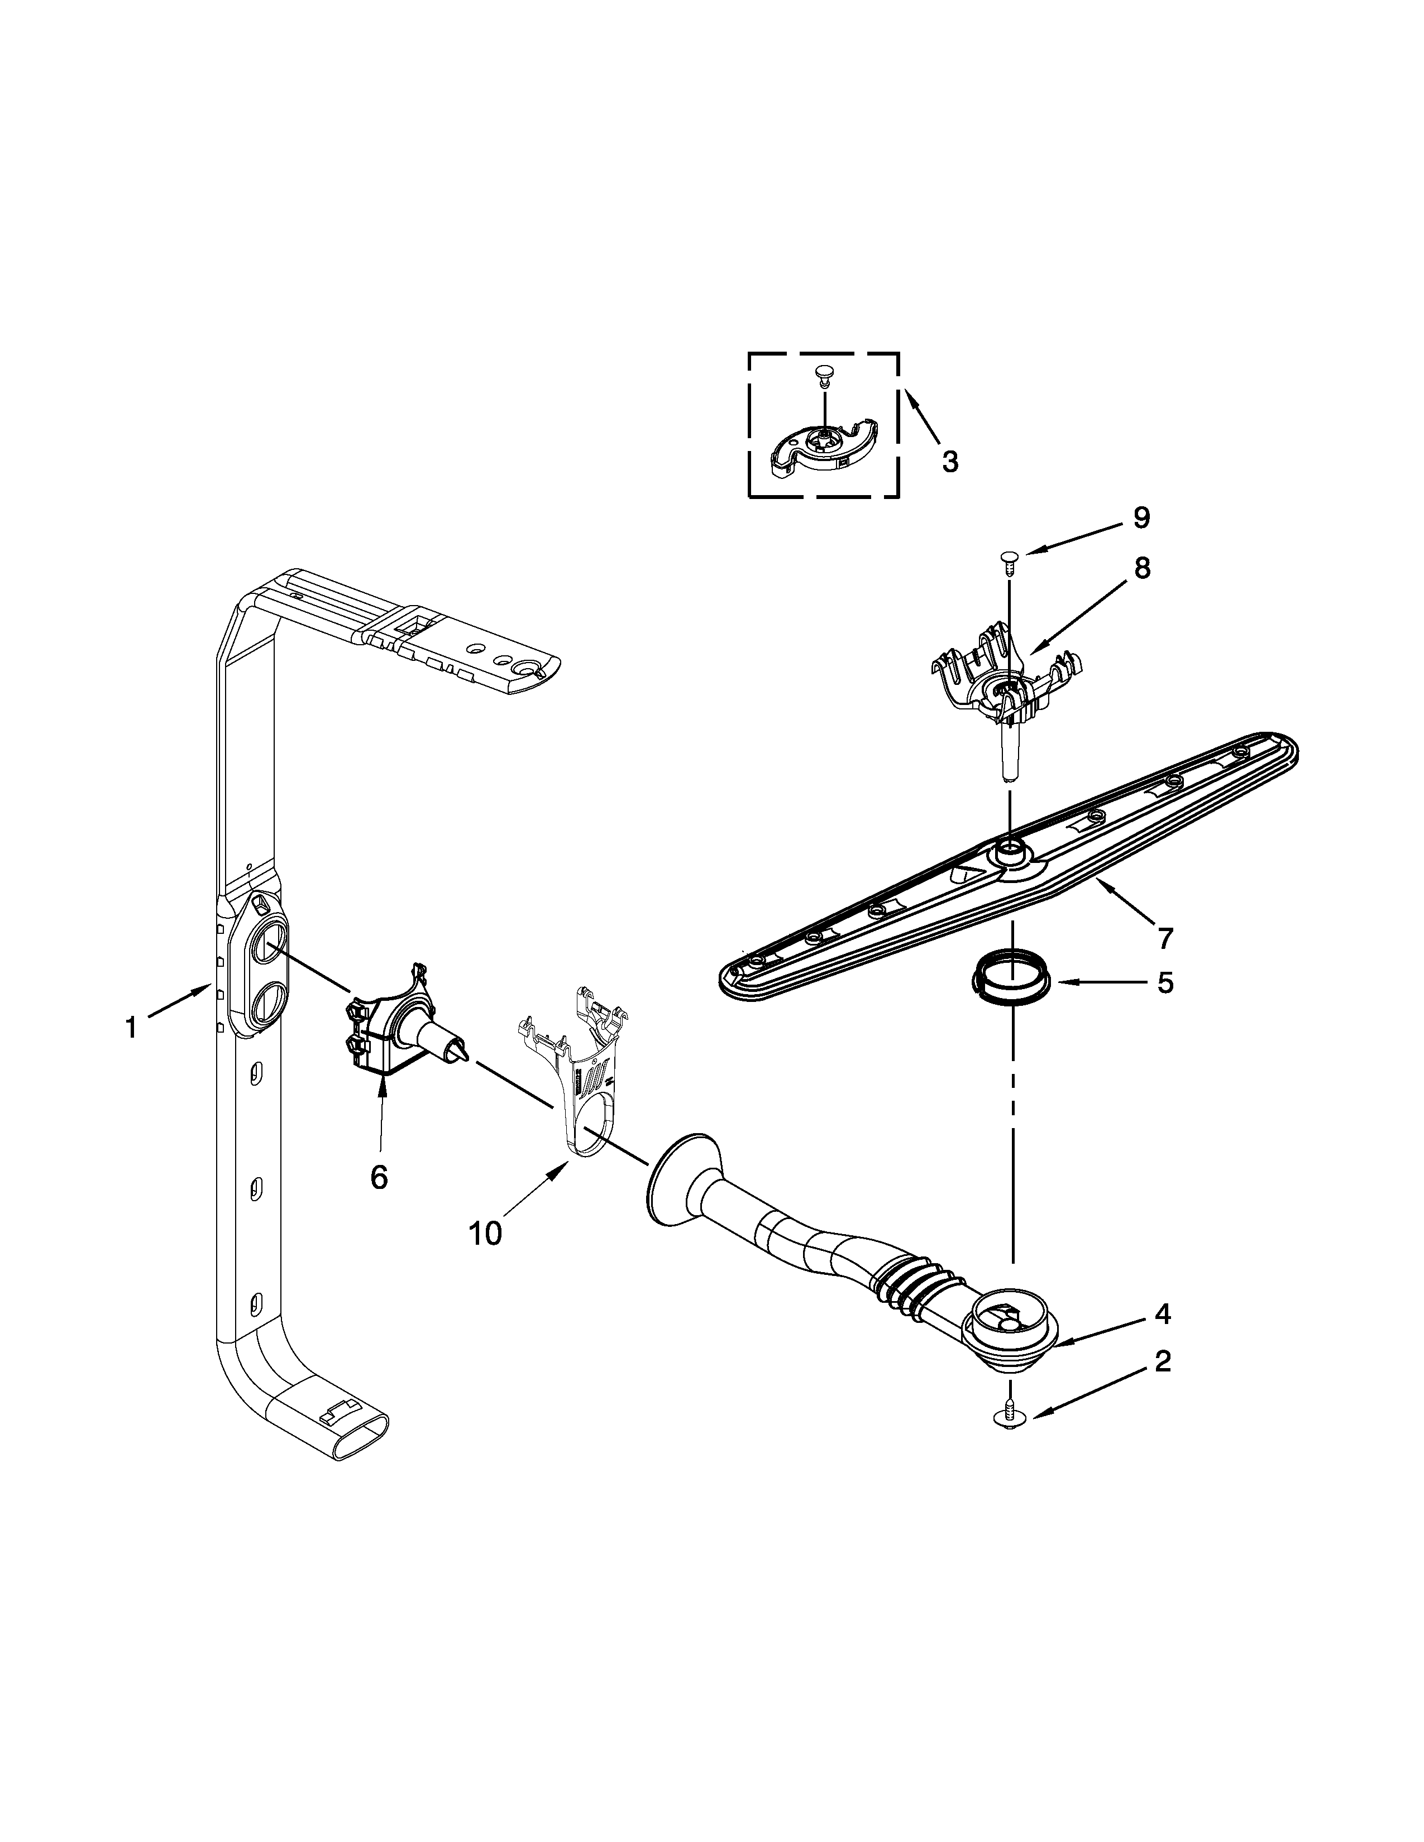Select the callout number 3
point(950,462)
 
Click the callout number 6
point(379,1177)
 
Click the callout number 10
point(485,1233)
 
